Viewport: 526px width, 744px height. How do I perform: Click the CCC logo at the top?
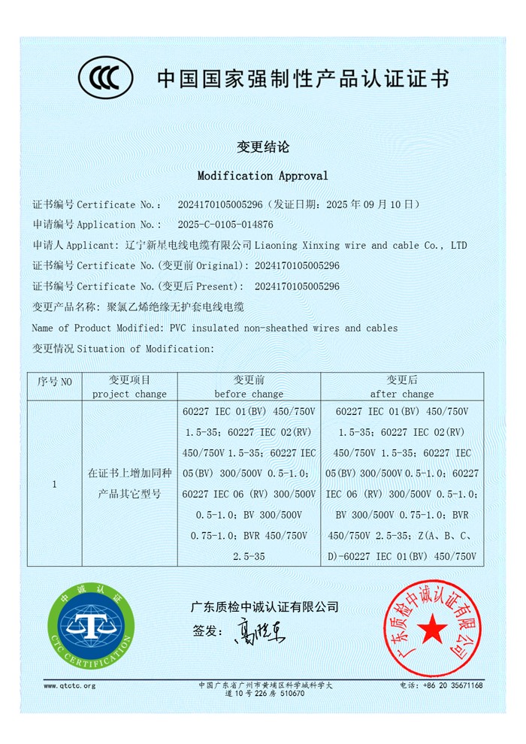tap(106, 77)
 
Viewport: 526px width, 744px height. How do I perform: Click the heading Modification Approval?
tap(262, 176)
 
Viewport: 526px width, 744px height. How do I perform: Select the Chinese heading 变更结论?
tap(263, 147)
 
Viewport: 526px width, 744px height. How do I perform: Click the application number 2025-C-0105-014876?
tap(225, 224)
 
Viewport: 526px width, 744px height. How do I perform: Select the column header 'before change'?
tap(249, 394)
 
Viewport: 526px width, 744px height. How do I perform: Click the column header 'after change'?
tap(402, 394)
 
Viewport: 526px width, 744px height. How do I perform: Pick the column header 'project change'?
tap(129, 394)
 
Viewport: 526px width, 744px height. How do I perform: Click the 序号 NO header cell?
tap(54, 382)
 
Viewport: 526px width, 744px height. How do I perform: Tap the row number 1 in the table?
tap(54, 484)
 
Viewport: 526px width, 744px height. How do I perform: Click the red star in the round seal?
tap(432, 628)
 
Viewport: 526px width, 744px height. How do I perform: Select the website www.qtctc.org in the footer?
tap(69, 685)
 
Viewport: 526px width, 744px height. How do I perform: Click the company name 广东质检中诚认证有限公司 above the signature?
tap(265, 606)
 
